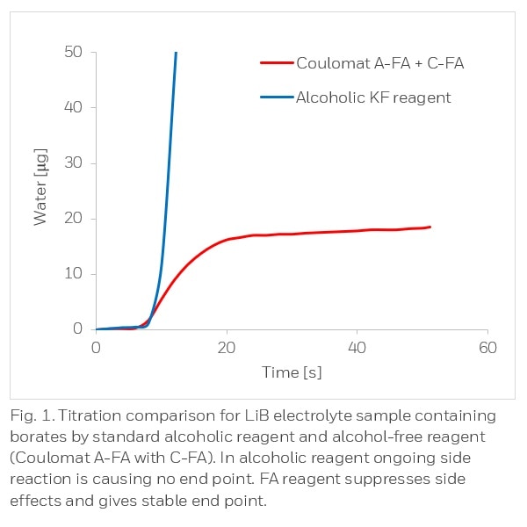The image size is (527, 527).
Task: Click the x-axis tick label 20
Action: [x=227, y=348]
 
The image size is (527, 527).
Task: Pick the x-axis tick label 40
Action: [x=357, y=348]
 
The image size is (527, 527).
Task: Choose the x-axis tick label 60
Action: [x=487, y=348]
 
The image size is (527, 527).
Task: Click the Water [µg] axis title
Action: [x=41, y=188]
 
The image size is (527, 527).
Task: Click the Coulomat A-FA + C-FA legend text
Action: [x=379, y=63]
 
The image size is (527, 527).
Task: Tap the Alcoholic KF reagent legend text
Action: [x=373, y=97]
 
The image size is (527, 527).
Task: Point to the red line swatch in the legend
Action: [x=276, y=63]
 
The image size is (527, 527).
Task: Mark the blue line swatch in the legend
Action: [x=276, y=97]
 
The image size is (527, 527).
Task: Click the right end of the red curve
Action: [x=430, y=227]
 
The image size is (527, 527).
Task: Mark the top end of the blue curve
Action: [x=177, y=53]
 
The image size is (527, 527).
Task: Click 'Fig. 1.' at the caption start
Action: [x=32, y=415]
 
